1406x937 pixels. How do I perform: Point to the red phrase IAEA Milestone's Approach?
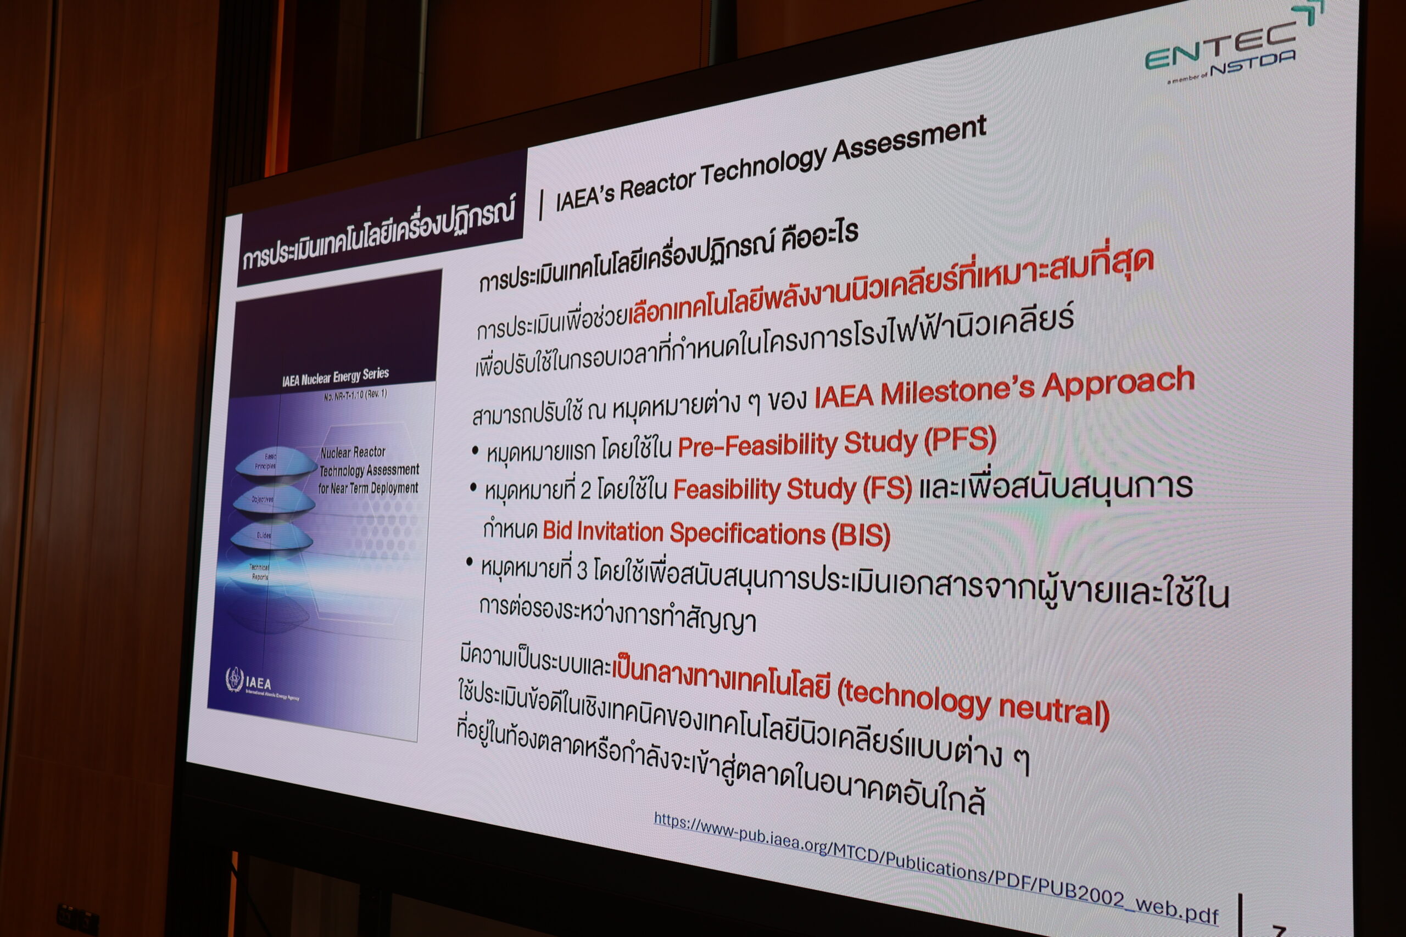pos(1005,389)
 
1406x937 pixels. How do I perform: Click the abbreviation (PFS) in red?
pos(960,440)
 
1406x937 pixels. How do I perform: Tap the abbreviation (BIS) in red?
pos(860,535)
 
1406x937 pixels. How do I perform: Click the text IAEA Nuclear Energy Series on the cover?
pos(336,377)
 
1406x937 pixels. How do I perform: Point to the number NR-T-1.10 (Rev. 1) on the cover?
pos(355,395)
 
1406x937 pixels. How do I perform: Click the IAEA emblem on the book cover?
pos(235,680)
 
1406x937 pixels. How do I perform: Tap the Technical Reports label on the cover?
pos(260,572)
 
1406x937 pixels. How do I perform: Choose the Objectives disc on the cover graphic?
pos(263,500)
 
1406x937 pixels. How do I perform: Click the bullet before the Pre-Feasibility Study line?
pos(475,451)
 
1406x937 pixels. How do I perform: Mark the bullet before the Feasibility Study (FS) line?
pos(473,489)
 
